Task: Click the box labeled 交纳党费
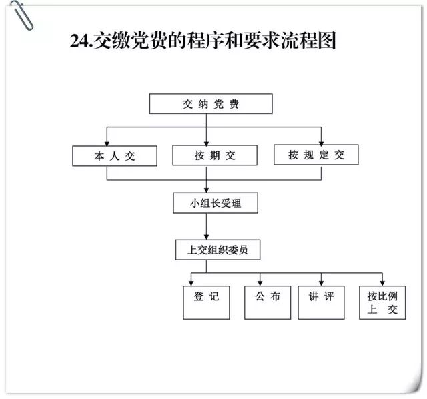tap(211, 104)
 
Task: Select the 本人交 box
tap(115, 156)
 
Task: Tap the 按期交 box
tap(215, 155)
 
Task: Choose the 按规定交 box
tap(316, 155)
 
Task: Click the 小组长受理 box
tap(216, 203)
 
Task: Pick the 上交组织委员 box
tap(218, 250)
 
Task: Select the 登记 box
tap(206, 302)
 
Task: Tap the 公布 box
tap(268, 302)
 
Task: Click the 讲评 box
tap(321, 302)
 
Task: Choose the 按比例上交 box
tap(382, 302)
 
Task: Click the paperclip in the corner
tap(22, 15)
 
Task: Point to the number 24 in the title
tap(79, 41)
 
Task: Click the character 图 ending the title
tap(327, 40)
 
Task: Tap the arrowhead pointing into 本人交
tap(107, 143)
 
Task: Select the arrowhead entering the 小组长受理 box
tap(206, 190)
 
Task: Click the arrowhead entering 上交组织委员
tap(206, 237)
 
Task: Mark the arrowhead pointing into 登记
tap(191, 284)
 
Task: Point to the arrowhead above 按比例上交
tap(382, 284)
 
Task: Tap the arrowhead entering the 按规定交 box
tap(322, 142)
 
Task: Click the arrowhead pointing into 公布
tap(260, 284)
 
